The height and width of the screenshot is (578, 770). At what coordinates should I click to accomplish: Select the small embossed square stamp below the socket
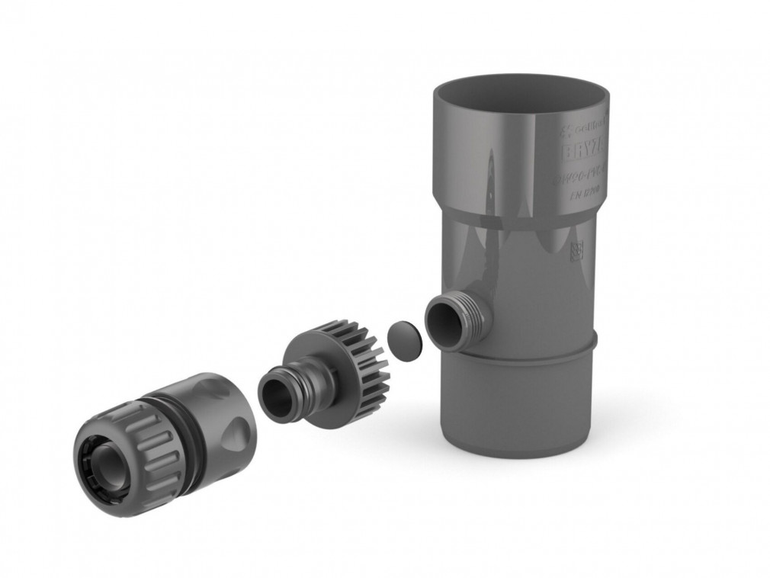[x=576, y=251]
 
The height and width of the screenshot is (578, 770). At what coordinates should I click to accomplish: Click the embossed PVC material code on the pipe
[x=582, y=178]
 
